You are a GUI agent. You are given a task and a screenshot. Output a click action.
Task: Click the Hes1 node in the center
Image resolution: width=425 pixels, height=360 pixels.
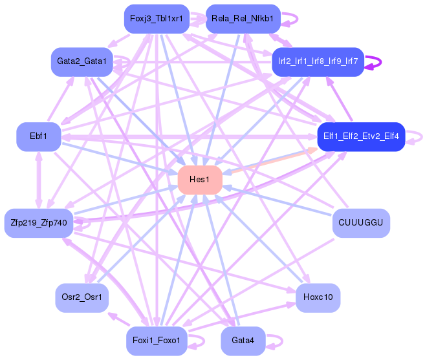200,180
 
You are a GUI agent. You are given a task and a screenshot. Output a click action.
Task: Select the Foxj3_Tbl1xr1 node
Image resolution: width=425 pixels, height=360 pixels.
156,19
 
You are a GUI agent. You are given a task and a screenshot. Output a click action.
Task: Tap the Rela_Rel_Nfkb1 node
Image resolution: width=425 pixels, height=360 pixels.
242,19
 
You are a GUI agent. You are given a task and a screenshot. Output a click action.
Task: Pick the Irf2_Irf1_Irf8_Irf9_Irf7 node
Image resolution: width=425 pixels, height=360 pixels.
318,61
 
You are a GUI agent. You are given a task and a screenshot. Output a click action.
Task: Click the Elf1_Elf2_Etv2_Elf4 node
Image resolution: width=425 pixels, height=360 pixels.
360,136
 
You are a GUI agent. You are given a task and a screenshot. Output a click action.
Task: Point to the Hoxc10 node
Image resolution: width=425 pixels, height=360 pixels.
318,298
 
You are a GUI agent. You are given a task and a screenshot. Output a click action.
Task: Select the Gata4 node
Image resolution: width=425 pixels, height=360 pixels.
243,341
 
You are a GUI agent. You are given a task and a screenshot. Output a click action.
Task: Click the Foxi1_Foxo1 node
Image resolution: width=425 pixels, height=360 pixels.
156,341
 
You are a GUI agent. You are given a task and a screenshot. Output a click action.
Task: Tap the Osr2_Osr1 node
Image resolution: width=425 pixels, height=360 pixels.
82,298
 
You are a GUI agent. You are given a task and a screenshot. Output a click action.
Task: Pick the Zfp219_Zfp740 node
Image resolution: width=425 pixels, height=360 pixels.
38,223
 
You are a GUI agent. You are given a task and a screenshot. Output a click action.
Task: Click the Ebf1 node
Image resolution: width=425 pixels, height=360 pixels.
38,136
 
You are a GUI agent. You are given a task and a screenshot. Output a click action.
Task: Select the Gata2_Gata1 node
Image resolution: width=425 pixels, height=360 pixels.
82,61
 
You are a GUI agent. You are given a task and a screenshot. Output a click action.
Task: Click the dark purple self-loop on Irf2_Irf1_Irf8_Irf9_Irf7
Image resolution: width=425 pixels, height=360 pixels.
380,62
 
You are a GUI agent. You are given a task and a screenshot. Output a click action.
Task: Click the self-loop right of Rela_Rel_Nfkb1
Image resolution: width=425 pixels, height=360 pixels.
296,19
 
